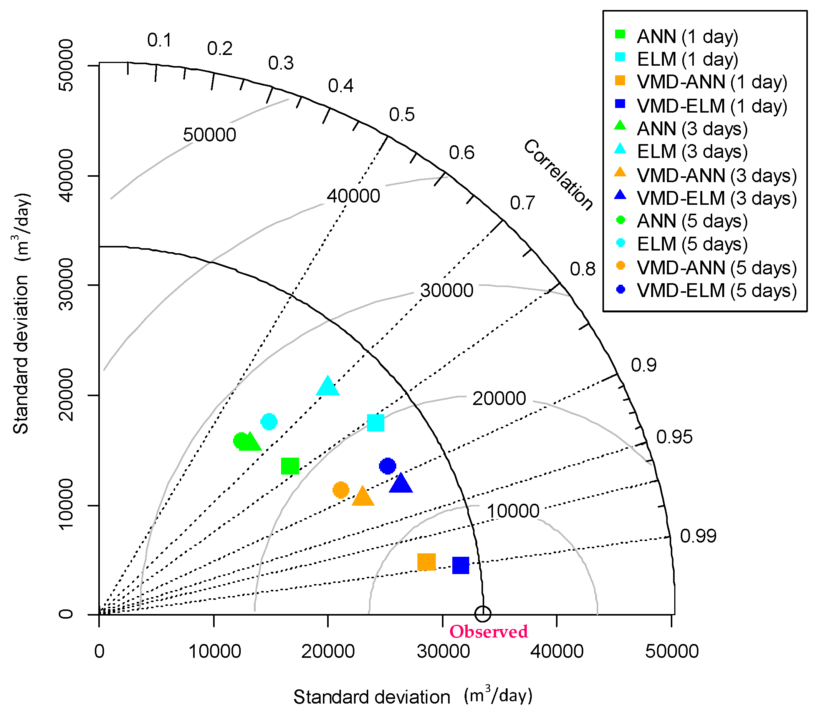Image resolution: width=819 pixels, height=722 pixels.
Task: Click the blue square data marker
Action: tap(460, 565)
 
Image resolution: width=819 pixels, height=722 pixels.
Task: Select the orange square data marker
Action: tap(426, 562)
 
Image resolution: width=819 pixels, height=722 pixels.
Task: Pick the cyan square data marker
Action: tap(376, 423)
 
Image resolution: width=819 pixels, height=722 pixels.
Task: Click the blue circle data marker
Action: tap(387, 466)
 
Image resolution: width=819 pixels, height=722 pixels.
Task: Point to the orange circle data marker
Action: tap(341, 490)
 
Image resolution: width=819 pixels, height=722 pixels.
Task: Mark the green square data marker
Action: tap(290, 466)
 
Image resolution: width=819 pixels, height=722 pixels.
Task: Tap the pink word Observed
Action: tap(488, 632)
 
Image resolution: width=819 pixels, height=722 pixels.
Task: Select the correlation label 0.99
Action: tap(698, 536)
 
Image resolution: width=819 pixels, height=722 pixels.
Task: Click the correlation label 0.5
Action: tap(402, 115)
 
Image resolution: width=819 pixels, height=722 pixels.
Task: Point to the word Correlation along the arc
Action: tap(558, 175)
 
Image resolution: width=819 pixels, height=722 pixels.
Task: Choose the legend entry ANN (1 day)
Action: tap(687, 37)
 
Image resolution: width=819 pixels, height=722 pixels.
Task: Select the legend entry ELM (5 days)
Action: tap(692, 244)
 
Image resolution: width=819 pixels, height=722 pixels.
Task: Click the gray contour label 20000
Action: tap(499, 398)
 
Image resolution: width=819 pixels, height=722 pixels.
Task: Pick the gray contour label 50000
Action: tap(210, 135)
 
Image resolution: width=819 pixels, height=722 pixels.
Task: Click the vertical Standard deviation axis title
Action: tap(22, 314)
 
